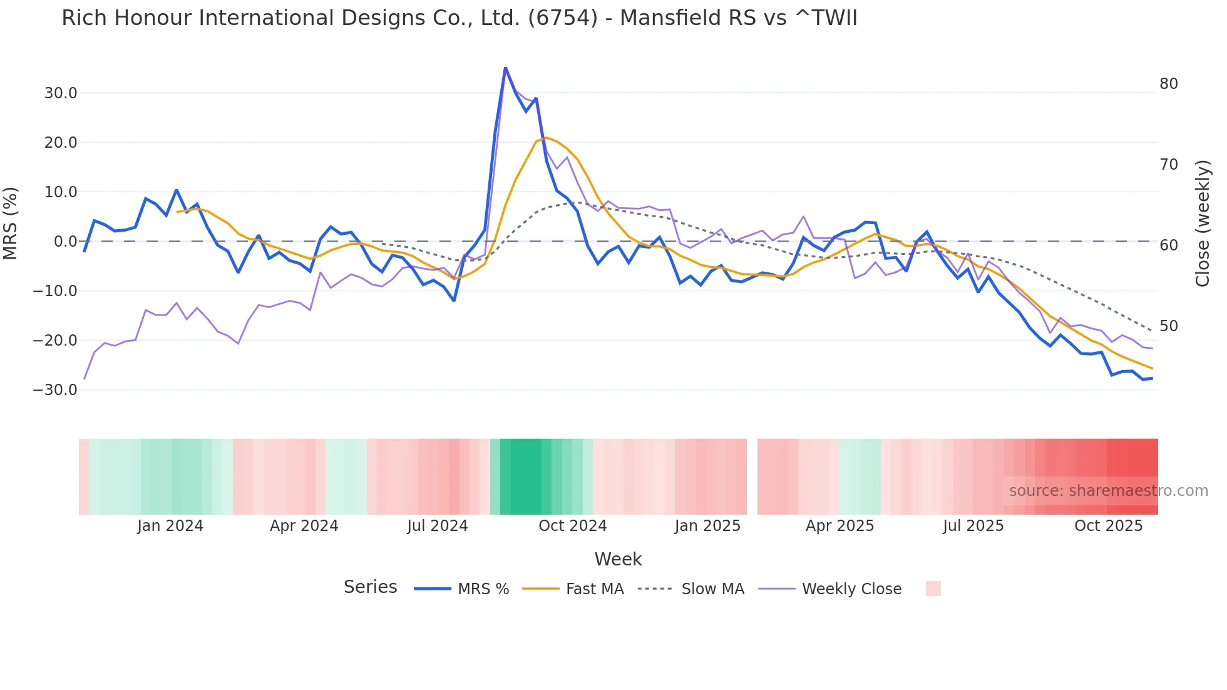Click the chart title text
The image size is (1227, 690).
click(x=459, y=18)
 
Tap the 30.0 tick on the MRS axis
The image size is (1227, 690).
click(x=61, y=93)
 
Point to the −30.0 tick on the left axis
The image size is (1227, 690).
click(x=55, y=390)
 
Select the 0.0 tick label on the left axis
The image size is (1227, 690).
click(x=65, y=242)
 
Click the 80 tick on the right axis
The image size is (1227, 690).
click(x=1168, y=84)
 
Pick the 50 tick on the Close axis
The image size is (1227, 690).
click(x=1168, y=326)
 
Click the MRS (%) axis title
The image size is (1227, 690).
click(x=11, y=223)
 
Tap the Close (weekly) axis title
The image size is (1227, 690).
click(x=1202, y=223)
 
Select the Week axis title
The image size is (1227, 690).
click(x=617, y=559)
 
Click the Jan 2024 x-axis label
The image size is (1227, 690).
click(x=170, y=526)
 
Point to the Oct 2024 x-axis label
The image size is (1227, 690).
click(x=572, y=526)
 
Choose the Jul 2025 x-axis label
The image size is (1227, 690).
click(x=973, y=526)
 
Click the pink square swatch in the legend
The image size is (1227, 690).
click(x=933, y=589)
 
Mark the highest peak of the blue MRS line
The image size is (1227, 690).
click(x=505, y=68)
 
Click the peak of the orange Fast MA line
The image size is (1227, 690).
click(x=546, y=138)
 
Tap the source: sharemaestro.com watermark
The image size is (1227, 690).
click(x=1108, y=491)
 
